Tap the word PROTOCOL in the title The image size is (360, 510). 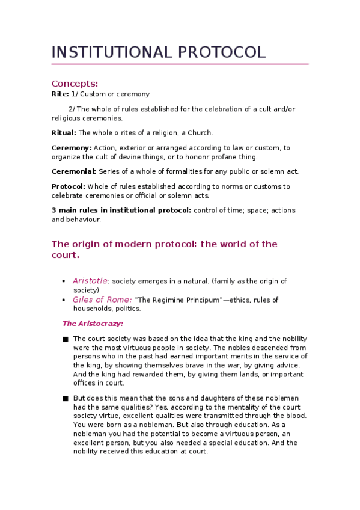[222, 52]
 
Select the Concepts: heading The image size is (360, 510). [75, 83]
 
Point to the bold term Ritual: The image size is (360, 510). [64, 133]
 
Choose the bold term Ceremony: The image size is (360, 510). [72, 148]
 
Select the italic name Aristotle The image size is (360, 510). [90, 281]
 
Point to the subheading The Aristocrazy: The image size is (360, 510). [93, 324]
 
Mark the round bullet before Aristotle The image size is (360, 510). [64, 281]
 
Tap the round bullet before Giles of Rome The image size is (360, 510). [64, 300]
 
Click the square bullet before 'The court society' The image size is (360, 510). [65, 339]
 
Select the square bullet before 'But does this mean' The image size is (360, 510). [65, 398]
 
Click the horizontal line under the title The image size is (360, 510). [180, 64]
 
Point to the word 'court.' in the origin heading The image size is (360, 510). [65, 255]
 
